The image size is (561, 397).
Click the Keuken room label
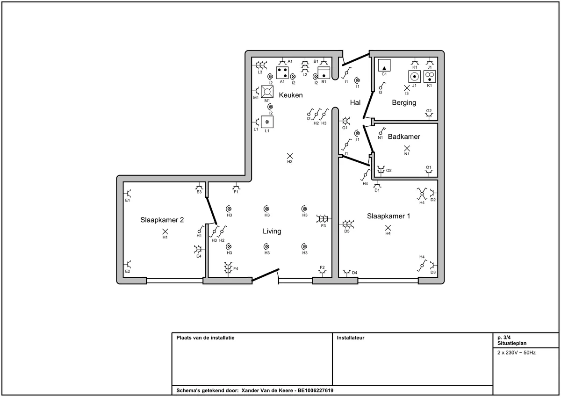coord(291,95)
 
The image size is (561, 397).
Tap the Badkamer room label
coord(404,137)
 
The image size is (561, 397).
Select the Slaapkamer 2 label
coord(162,220)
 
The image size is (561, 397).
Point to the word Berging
coord(404,103)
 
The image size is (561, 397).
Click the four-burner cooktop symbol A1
coord(282,72)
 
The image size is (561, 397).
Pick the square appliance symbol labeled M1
coord(267,92)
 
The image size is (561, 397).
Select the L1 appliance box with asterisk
coord(267,122)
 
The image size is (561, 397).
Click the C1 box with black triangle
coord(384,65)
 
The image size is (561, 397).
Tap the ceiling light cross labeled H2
coord(290,156)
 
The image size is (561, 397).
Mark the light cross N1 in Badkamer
coord(407,148)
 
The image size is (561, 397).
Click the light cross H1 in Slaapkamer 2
coord(165,231)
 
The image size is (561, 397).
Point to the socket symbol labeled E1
coord(128,193)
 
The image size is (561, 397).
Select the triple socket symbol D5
coord(347,224)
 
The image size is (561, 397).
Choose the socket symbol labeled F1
coord(236,186)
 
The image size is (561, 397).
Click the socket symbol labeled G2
coord(429,115)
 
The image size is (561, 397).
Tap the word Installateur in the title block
coord(350,338)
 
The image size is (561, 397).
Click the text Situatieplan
coord(511,343)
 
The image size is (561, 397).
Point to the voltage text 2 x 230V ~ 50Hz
coord(517,353)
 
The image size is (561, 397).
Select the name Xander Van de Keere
coord(267,390)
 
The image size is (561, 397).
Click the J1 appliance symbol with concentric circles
coord(415,77)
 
